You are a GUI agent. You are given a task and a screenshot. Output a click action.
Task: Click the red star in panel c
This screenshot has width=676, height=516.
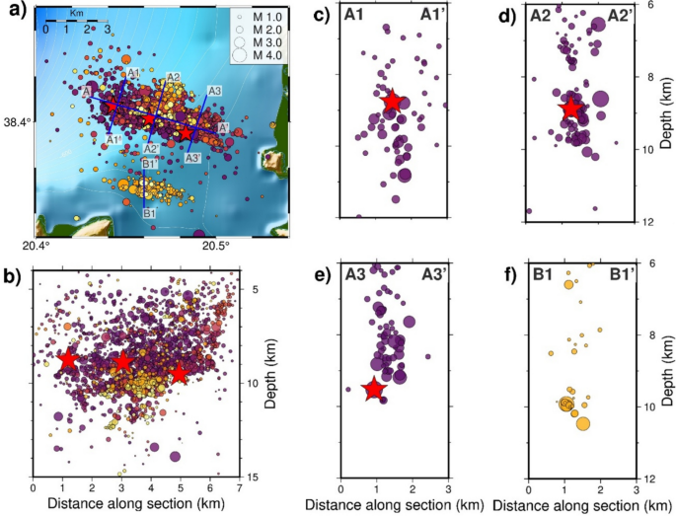click(392, 101)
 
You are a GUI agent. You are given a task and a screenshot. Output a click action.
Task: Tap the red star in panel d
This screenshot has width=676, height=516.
click(570, 108)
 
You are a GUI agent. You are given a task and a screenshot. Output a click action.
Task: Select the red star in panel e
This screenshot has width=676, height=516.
click(373, 390)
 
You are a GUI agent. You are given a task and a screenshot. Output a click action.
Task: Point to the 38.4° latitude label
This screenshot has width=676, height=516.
click(17, 123)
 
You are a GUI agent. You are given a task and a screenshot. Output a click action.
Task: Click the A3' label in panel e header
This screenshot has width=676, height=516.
click(430, 274)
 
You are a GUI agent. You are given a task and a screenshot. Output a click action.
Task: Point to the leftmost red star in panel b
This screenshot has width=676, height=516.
click(68, 360)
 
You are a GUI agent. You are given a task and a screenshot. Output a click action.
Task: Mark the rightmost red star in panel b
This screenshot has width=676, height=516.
click(178, 374)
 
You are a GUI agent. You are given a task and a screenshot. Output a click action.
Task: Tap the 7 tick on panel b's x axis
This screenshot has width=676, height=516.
click(238, 487)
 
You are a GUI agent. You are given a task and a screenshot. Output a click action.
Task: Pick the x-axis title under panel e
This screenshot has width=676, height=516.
click(394, 505)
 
